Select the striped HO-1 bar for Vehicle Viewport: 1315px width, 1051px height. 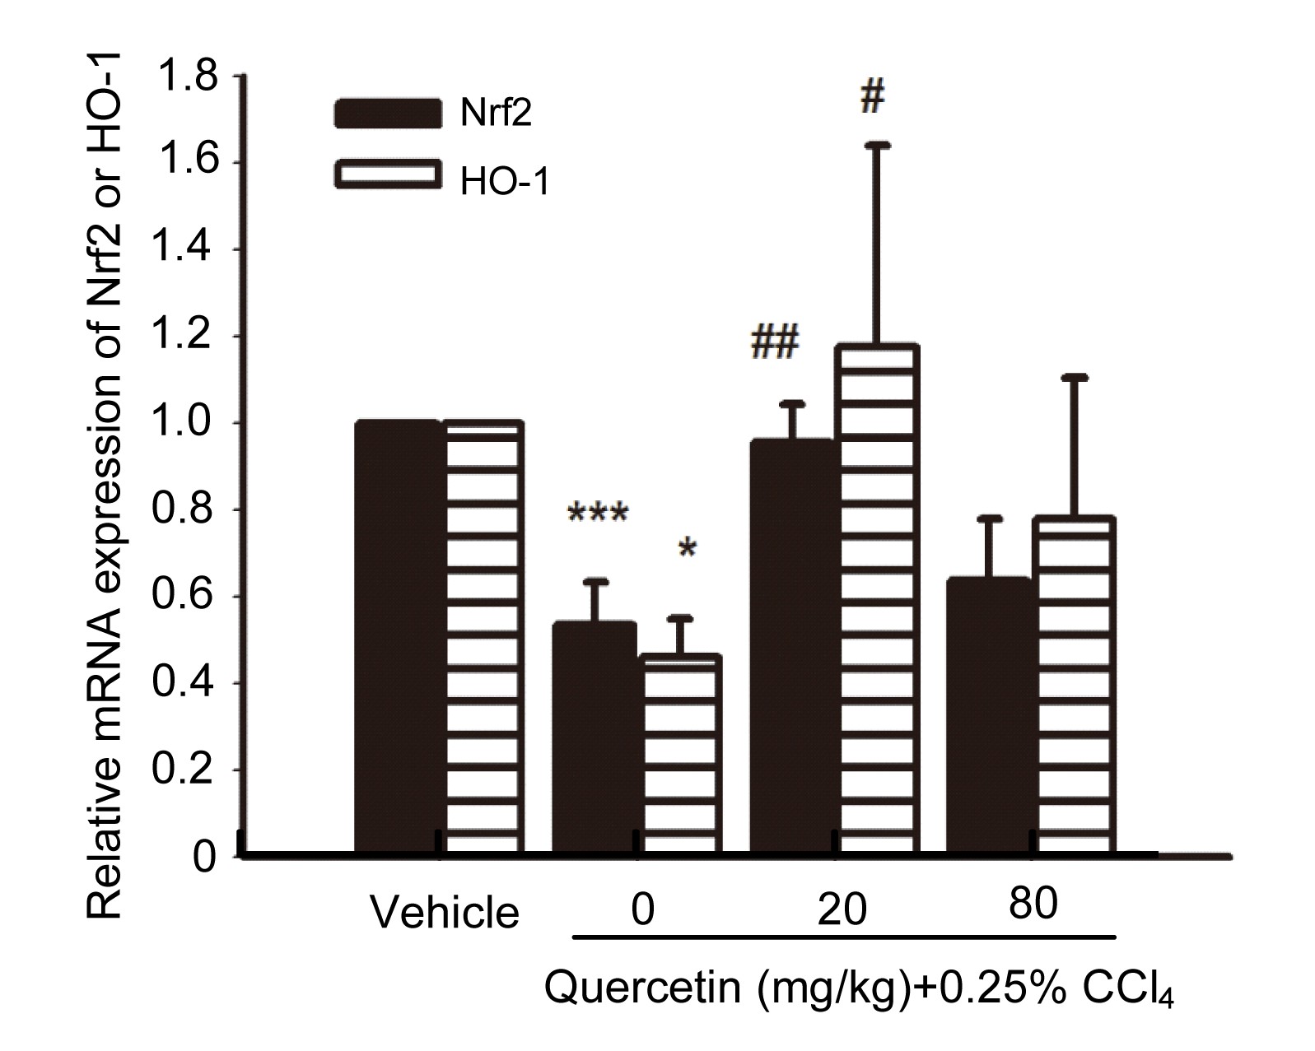point(484,638)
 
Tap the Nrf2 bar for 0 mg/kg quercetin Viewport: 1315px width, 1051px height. point(595,737)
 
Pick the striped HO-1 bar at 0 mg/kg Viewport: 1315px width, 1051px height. point(682,753)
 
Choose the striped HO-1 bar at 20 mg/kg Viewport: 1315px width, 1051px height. point(878,601)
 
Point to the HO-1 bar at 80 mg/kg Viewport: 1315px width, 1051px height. point(1074,687)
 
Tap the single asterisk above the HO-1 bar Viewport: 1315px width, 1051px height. point(688,550)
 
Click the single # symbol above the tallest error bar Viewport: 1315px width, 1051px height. point(872,96)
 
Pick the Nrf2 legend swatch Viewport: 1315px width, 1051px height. point(387,114)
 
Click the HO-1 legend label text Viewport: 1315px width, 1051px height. point(504,182)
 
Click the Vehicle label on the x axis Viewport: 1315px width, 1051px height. point(445,912)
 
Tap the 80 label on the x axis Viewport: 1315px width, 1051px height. point(1033,905)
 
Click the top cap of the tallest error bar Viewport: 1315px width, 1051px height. point(878,145)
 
